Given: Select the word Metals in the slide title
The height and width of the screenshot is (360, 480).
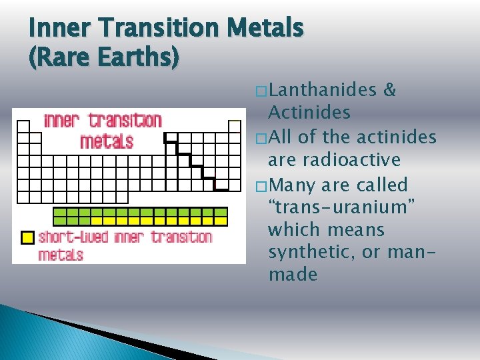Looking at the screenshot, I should [x=266, y=29].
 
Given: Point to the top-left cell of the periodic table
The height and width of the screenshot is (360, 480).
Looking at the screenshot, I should [x=24, y=126].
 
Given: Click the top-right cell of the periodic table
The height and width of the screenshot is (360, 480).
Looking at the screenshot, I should [x=234, y=126].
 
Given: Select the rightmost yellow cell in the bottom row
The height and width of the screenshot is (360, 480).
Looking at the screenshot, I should [x=221, y=221].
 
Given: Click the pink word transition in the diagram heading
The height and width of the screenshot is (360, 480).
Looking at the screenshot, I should [x=125, y=121].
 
